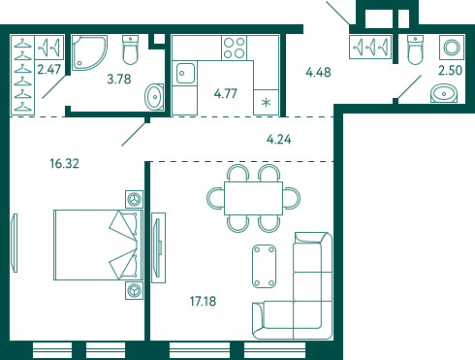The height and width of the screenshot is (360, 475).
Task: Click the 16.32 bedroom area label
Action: [x=64, y=163]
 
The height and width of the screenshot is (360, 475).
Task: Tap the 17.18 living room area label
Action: [x=203, y=301]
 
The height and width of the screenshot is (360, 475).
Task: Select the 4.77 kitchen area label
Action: [x=226, y=93]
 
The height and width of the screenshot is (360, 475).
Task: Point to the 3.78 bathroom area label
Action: [x=119, y=79]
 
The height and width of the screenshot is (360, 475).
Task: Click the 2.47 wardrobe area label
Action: [x=48, y=69]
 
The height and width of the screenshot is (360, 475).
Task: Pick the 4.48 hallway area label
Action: [x=318, y=72]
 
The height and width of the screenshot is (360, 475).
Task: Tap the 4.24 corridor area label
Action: [x=278, y=140]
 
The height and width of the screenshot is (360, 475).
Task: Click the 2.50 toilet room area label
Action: [x=450, y=70]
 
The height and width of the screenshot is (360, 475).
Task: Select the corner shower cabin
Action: [x=89, y=52]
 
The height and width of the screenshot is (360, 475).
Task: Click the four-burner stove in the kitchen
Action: [x=235, y=48]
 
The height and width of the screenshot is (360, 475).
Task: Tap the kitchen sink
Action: [x=185, y=73]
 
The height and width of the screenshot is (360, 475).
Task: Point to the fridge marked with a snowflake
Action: [x=266, y=103]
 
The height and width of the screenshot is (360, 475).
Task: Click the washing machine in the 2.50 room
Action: [x=452, y=48]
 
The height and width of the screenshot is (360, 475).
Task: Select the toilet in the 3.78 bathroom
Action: [x=131, y=49]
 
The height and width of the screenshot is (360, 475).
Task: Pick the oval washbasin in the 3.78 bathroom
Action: [x=154, y=97]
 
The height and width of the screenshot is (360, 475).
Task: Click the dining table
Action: [x=253, y=198]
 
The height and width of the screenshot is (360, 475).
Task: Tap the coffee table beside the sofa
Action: [x=264, y=266]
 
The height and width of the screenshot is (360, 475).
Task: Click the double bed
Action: [x=98, y=245]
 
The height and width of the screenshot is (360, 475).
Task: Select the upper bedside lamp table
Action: [x=134, y=199]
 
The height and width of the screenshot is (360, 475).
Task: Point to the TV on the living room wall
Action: [x=157, y=247]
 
